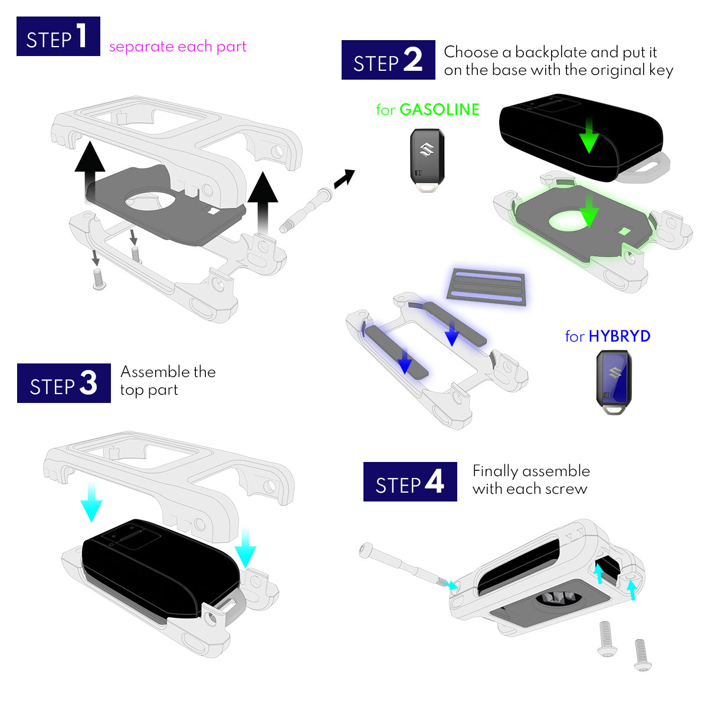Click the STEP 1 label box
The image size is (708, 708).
coord(58,36)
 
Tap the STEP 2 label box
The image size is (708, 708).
coord(388,60)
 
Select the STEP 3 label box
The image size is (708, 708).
coord(64,383)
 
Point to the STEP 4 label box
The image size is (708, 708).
coord(410,481)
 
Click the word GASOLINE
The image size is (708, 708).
coord(439,110)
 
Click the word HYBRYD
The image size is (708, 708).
coord(619,336)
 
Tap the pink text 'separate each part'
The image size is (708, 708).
coord(178,47)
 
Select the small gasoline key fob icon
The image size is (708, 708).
coord(427,160)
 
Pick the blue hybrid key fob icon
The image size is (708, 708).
coord(614,382)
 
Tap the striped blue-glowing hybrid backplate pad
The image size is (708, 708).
coord(487,287)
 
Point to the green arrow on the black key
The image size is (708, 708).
coord(589,135)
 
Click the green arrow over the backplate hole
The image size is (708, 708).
coord(589,211)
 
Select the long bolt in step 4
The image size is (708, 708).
coord(407,566)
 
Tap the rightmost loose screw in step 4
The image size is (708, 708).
coord(643,655)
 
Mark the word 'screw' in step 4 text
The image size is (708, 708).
coord(566,489)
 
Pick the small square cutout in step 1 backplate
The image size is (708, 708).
coord(213,211)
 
